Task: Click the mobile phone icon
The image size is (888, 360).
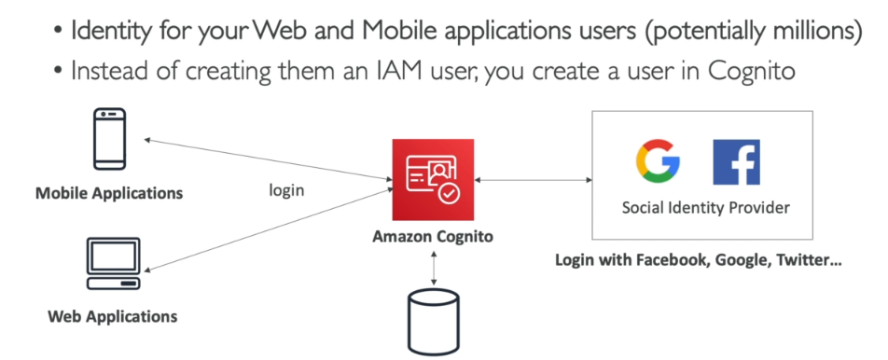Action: tap(109, 139)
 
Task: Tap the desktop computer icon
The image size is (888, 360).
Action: tap(113, 263)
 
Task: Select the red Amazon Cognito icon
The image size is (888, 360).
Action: tap(433, 179)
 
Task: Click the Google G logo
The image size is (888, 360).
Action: tap(658, 161)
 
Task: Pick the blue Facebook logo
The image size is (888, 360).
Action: tap(736, 162)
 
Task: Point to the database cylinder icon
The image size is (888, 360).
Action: tap(433, 322)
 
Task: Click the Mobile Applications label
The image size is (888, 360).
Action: tap(109, 194)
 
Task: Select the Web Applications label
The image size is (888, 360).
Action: tap(112, 316)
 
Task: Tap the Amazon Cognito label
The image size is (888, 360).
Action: tap(433, 237)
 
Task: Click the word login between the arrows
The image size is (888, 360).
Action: tap(286, 190)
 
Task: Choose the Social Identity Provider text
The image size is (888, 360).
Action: tap(705, 208)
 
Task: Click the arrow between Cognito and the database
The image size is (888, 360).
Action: tap(433, 266)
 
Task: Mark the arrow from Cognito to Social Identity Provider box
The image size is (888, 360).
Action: tap(533, 180)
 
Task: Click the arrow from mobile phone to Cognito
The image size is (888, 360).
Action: tap(268, 159)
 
